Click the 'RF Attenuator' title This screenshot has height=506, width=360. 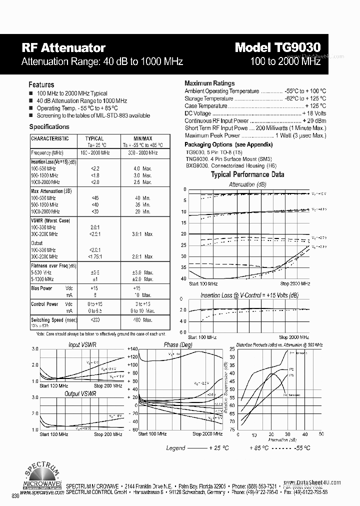click(x=63, y=48)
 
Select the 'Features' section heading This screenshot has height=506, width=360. click(x=41, y=84)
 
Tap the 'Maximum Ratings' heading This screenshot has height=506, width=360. click(x=209, y=83)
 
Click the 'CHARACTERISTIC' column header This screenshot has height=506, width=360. click(x=50, y=138)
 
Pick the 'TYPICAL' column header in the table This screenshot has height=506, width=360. click(x=94, y=138)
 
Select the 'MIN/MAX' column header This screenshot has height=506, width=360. click(x=142, y=138)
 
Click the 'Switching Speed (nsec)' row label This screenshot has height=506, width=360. click(x=54, y=320)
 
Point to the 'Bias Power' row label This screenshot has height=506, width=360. click(x=41, y=288)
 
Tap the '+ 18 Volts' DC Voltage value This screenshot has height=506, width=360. click(x=314, y=113)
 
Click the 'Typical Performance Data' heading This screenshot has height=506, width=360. click(x=247, y=174)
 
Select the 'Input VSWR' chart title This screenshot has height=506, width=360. click(x=82, y=345)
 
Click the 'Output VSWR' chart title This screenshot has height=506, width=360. click(x=80, y=394)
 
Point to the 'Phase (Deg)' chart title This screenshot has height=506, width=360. click(x=178, y=345)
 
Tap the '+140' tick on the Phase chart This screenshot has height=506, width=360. click(x=131, y=349)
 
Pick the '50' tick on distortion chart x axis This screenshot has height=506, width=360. click(x=321, y=434)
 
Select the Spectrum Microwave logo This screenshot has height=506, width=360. click(x=42, y=477)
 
